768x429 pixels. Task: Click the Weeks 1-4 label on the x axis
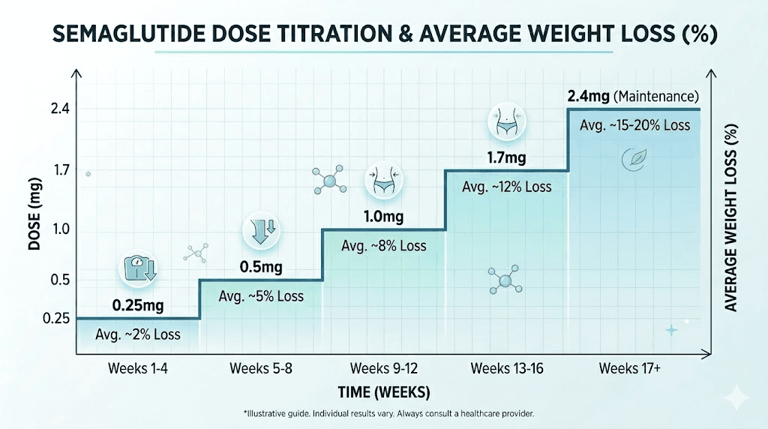[x=138, y=368]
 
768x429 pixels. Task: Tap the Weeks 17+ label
[x=630, y=368]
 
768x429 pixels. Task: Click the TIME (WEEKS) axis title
[x=383, y=392]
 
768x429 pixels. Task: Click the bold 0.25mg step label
[x=137, y=306]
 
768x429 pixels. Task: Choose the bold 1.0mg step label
[x=383, y=217]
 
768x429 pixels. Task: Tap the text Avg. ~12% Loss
[x=506, y=187]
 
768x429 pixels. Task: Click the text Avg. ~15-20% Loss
[x=634, y=125]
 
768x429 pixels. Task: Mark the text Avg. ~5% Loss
[x=261, y=296]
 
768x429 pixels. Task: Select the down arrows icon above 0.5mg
[x=260, y=230]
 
